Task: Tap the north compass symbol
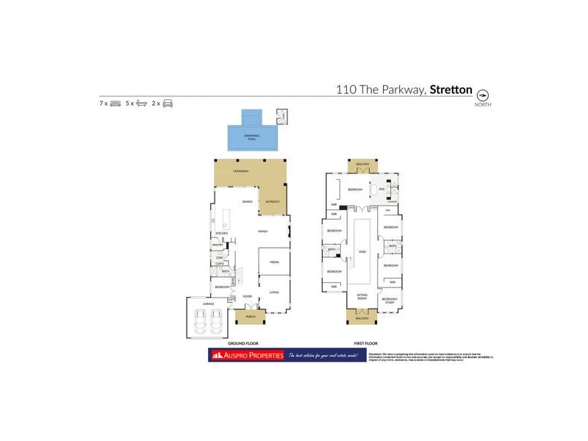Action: [483, 96]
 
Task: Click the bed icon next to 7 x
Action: [115, 104]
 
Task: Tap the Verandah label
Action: [241, 171]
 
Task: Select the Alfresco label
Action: [273, 201]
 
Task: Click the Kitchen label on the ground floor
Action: [222, 233]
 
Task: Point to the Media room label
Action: [273, 262]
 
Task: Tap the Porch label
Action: [251, 318]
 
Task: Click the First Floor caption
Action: [365, 343]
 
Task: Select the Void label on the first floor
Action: [362, 251]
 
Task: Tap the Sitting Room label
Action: [362, 298]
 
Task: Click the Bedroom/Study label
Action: [390, 301]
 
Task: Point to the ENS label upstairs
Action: [381, 189]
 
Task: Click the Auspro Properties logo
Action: [246, 356]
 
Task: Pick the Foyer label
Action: [248, 295]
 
